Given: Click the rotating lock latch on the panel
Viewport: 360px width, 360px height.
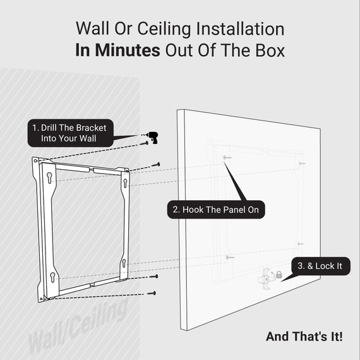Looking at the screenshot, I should [265, 276].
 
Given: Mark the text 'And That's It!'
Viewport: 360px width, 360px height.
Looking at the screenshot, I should [304, 337].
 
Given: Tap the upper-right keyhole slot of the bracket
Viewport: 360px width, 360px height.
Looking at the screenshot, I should [125, 183].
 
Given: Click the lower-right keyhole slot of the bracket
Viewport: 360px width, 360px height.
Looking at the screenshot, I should [124, 263].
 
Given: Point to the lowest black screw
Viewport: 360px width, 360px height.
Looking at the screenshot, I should [152, 293].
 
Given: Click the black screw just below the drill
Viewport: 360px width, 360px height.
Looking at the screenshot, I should [147, 143].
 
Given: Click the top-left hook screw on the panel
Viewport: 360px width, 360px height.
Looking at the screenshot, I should [227, 157].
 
